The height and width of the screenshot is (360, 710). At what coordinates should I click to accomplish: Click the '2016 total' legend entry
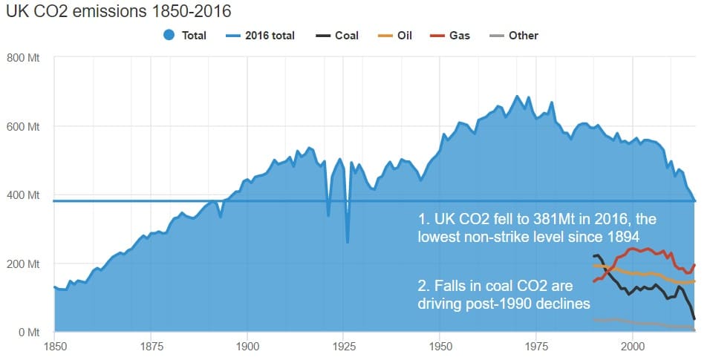click(x=264, y=36)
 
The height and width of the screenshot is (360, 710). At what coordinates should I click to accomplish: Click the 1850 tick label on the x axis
click(x=54, y=346)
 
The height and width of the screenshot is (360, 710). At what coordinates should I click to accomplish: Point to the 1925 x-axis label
click(x=343, y=346)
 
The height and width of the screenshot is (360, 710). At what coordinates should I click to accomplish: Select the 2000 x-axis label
click(x=632, y=346)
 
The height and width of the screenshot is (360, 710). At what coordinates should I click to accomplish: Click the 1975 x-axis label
click(x=536, y=346)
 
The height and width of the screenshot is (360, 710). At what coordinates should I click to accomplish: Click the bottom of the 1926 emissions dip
click(x=348, y=242)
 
